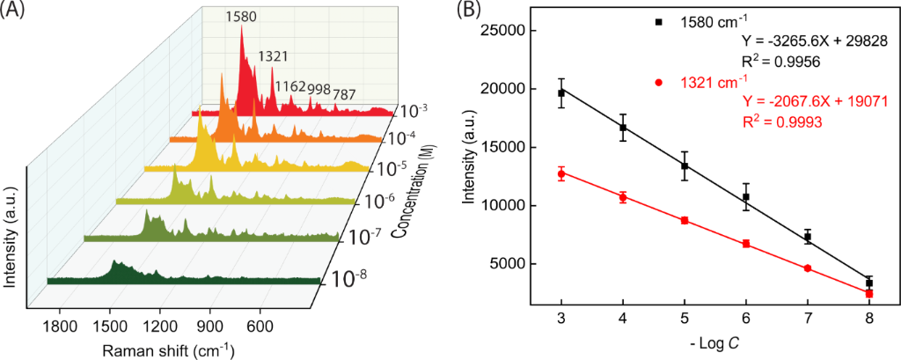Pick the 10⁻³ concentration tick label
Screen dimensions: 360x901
(412, 111)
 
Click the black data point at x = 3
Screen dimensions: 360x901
(561, 92)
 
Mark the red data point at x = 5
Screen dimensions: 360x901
(685, 220)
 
